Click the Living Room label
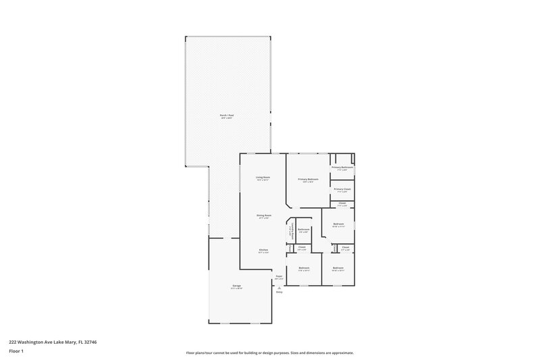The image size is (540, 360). click(263, 177)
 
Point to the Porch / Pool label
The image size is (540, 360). click(226, 115)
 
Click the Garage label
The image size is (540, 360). click(237, 286)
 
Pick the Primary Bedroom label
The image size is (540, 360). click(308, 179)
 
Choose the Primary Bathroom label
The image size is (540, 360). click(342, 167)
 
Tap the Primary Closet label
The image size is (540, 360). click(342, 189)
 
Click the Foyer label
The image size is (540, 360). click(278, 276)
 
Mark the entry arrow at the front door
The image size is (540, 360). click(278, 286)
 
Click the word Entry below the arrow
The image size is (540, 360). click(278, 292)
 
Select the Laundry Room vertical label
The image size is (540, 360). click(291, 232)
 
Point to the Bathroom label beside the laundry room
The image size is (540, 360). click(304, 229)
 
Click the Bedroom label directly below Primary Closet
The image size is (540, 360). click(338, 224)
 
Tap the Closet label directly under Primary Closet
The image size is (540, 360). click(342, 203)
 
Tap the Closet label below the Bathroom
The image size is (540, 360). click(302, 247)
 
